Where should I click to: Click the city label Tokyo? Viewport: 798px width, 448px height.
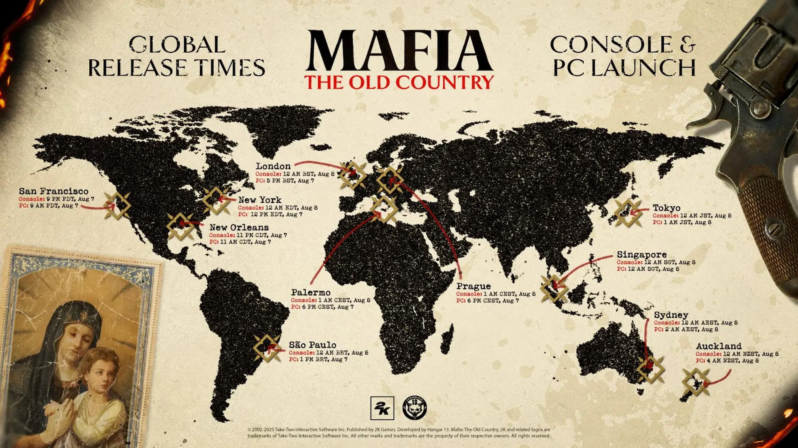pyautogui.click(x=666, y=208)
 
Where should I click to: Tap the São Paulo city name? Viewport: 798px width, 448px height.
pyautogui.click(x=313, y=345)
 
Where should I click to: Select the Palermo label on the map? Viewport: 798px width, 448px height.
pyautogui.click(x=311, y=292)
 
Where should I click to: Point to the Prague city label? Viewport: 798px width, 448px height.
pyautogui.click(x=474, y=286)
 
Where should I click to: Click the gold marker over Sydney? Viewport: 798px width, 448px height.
pyautogui.click(x=650, y=368)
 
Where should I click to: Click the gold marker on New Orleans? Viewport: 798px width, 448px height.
pyautogui.click(x=180, y=226)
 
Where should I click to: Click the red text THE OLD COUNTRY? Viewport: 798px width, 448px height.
pyautogui.click(x=399, y=82)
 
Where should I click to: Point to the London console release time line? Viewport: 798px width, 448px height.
pyautogui.click(x=295, y=174)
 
